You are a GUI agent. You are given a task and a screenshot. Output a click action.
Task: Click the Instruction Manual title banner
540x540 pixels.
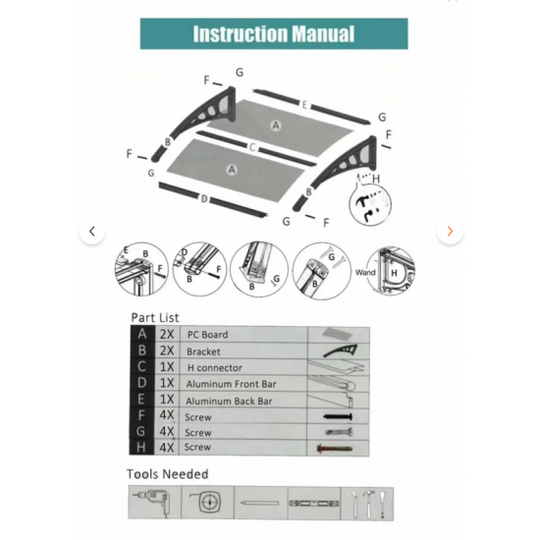(274, 33)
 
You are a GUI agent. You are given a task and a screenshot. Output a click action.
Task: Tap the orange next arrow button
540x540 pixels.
(450, 231)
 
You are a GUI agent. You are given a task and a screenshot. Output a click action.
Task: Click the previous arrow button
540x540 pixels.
(92, 231)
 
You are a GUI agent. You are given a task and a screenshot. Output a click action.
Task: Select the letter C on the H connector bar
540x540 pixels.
(252, 147)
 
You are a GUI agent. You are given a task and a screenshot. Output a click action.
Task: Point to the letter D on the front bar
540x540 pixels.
(204, 199)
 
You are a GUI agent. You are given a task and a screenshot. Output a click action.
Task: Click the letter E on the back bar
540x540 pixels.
(304, 105)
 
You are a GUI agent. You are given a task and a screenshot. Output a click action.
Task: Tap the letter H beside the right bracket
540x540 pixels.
(376, 179)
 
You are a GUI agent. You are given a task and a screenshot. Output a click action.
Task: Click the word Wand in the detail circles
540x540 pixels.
(365, 272)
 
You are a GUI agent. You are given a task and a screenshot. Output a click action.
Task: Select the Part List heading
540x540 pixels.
(155, 317)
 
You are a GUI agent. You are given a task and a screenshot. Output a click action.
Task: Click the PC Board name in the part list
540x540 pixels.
(208, 335)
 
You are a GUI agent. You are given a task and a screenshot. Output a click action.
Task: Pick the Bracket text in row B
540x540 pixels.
(203, 351)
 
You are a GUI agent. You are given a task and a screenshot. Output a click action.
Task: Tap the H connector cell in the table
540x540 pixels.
(215, 368)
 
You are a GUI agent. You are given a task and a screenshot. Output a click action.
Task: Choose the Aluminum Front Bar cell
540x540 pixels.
(231, 384)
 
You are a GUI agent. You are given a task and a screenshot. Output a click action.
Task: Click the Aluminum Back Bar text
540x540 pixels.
(229, 402)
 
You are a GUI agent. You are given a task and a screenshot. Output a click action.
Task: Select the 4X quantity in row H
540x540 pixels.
(167, 448)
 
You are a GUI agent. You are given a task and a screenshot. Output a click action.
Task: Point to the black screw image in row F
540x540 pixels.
(338, 416)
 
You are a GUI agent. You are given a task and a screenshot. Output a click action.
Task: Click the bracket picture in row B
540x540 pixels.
(341, 351)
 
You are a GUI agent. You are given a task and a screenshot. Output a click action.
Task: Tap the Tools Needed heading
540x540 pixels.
(167, 474)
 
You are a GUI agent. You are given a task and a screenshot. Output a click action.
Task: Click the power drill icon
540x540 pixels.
(152, 501)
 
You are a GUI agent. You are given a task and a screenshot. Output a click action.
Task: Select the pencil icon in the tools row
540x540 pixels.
(259, 503)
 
